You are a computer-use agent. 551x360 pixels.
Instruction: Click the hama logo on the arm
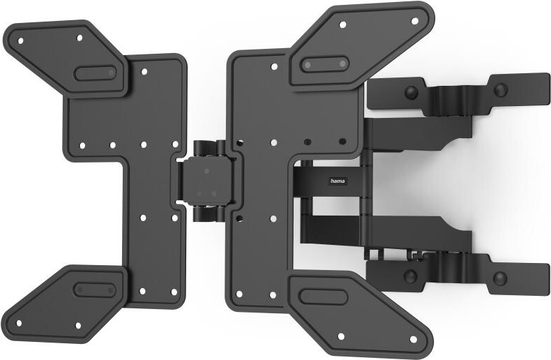pos(338,181)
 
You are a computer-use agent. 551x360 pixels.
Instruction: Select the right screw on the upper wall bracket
pos(499,89)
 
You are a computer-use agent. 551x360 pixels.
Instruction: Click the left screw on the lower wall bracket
pos(411,276)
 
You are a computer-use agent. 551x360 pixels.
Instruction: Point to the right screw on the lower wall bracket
pos(499,278)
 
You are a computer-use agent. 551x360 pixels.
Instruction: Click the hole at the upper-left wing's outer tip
pos(20,40)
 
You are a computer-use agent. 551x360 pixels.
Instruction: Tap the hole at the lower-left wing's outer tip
pos(18,323)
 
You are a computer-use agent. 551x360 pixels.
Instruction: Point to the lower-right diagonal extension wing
pos(356,310)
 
